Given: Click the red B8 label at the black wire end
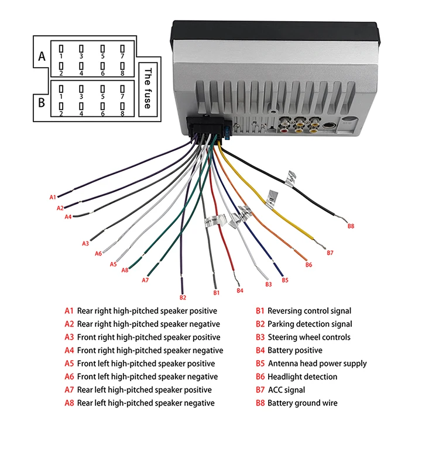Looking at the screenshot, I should [x=351, y=226].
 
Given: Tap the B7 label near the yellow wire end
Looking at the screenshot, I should [x=330, y=253].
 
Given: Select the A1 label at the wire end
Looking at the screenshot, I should [x=52, y=197].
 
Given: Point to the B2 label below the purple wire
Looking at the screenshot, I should [x=183, y=298].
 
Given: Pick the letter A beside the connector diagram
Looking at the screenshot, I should [x=42, y=57].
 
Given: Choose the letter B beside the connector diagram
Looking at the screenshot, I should [x=42, y=102].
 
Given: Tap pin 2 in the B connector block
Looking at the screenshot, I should [x=61, y=108].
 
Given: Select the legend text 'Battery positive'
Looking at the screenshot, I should [x=294, y=350].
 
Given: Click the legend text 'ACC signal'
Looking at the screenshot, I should [x=286, y=389].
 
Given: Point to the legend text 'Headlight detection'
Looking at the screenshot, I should [x=302, y=376].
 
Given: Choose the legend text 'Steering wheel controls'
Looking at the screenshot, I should [x=309, y=337].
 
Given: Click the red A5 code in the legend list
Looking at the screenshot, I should [x=69, y=364].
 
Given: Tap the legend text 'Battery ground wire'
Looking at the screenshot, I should [x=302, y=403].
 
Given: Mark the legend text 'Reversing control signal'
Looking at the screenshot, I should [x=309, y=311].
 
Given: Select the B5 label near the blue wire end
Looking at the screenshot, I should [x=285, y=280].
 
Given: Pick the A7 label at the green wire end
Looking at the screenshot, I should [x=145, y=280].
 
